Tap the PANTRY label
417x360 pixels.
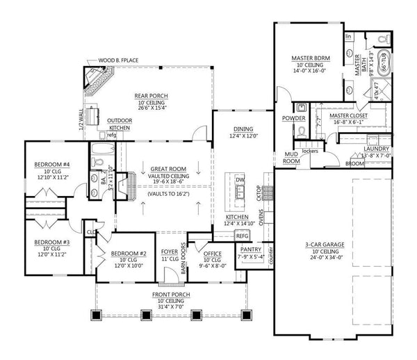[250, 249]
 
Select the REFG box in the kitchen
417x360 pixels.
[242, 236]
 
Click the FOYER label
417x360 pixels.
[169, 252]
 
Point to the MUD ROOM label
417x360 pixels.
[291, 158]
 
